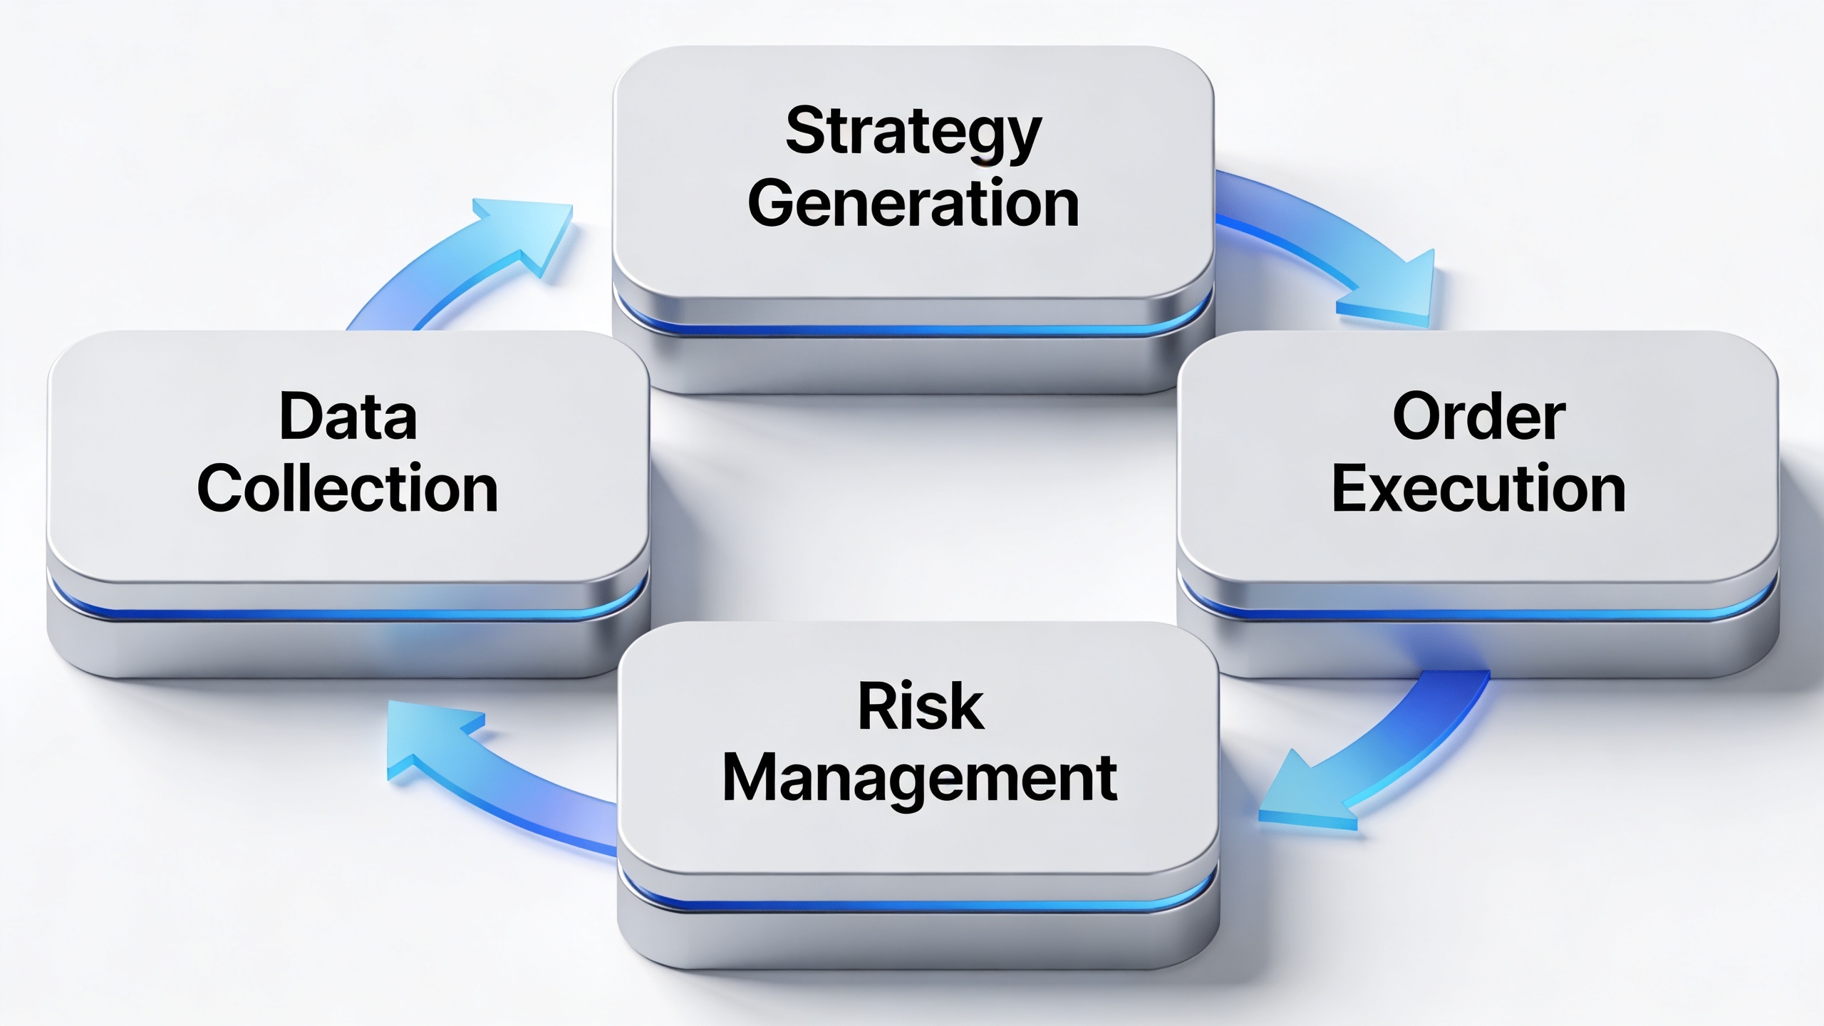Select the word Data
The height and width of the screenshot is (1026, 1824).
[x=348, y=416]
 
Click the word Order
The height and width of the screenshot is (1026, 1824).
[x=1479, y=416]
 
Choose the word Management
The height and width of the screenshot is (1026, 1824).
[x=920, y=781]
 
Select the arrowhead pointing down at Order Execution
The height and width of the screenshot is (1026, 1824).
[x=1389, y=292]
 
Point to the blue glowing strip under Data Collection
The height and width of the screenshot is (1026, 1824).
[x=348, y=613]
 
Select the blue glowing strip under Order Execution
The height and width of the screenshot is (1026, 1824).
[x=1479, y=613]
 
